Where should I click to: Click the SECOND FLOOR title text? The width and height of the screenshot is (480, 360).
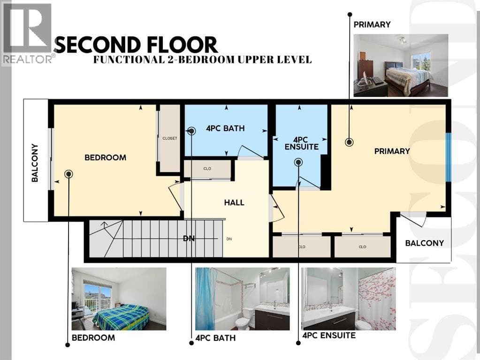[x=137, y=45]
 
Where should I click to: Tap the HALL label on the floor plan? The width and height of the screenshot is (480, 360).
[x=234, y=202]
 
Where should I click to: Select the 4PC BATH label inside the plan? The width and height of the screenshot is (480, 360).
[x=225, y=128]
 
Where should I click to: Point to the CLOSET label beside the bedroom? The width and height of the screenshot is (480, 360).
[x=169, y=138]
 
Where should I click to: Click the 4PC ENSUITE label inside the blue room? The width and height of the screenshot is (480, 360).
[x=302, y=143]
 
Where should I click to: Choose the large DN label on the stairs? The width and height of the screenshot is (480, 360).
[x=189, y=238]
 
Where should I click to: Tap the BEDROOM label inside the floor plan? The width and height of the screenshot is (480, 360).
[x=105, y=157]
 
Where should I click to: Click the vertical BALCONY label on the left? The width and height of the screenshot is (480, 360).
[x=35, y=163]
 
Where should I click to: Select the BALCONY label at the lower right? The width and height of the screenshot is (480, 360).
[x=424, y=243]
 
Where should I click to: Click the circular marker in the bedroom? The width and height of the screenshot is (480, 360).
[x=69, y=174]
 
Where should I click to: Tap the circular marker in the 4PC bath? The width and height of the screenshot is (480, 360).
[x=191, y=131]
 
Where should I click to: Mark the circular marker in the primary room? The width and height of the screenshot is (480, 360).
[x=349, y=142]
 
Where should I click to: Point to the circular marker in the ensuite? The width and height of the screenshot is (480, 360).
[x=298, y=162]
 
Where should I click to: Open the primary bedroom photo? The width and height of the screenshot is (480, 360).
[x=401, y=66]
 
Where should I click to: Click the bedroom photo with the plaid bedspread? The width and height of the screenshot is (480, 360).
[x=119, y=299]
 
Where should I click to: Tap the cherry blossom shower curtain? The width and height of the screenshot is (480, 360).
[x=377, y=299]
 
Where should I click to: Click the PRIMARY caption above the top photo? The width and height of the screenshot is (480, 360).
[x=372, y=24]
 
